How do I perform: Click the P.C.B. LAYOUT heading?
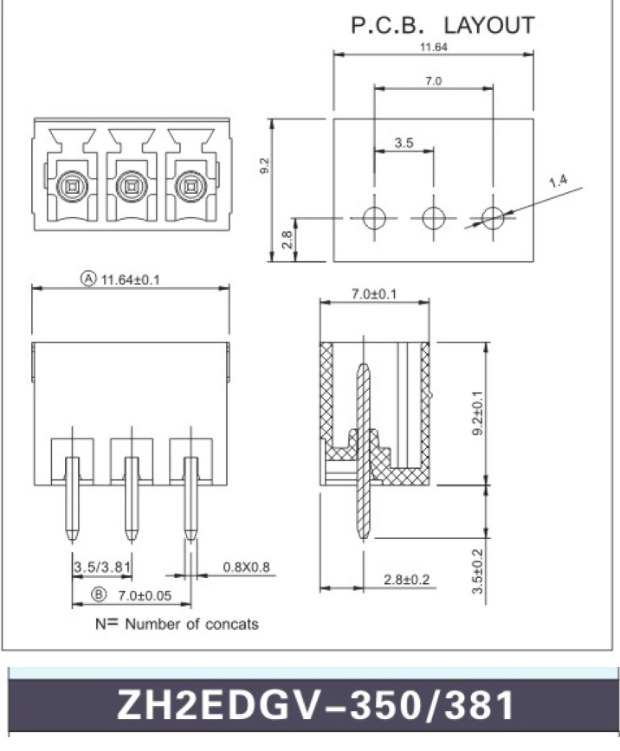442,25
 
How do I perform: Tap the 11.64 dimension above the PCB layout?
433,48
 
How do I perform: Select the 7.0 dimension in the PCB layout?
434,80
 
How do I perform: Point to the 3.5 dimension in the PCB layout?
404,144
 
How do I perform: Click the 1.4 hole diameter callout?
558,181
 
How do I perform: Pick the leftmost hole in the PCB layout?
375,218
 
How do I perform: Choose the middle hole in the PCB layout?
434,218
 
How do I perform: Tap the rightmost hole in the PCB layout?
493,218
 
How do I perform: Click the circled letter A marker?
87,279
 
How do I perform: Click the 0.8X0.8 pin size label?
247,568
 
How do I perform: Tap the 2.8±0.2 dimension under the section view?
406,580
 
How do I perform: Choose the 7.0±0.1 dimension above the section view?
374,294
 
